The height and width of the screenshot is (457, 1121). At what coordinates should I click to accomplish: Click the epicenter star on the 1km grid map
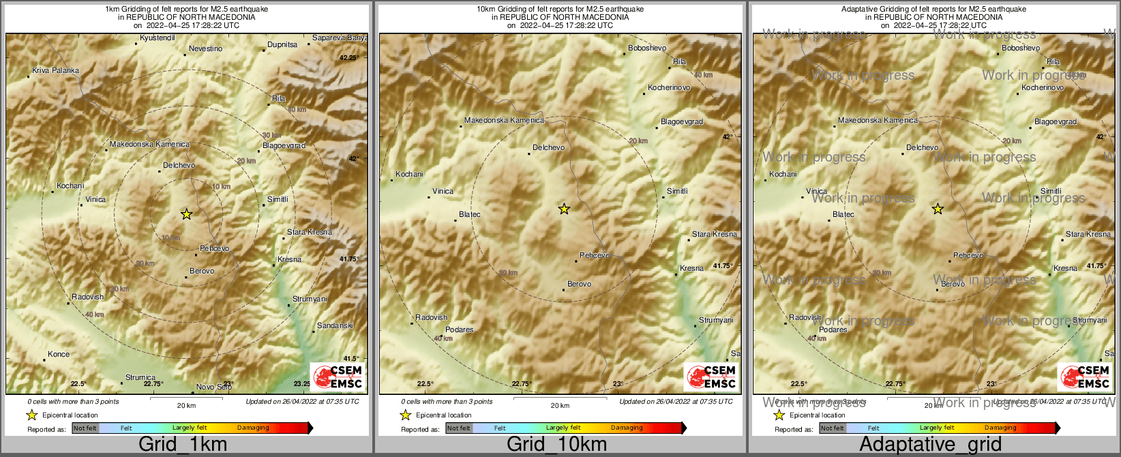click(186, 214)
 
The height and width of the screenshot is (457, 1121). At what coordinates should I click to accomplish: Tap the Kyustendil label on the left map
click(157, 38)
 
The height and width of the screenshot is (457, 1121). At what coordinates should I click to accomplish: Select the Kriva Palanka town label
click(55, 70)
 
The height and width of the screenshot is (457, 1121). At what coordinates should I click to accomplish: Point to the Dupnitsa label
click(282, 44)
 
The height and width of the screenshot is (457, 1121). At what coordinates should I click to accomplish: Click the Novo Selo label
click(213, 387)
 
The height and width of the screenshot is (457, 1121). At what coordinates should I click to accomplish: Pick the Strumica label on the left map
click(140, 377)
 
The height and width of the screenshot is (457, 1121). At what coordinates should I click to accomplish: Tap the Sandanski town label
click(335, 325)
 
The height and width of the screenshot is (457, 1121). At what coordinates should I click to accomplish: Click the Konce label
click(59, 354)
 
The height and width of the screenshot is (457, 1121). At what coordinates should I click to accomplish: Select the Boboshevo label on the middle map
click(647, 48)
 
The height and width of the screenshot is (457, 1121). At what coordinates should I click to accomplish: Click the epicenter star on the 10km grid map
click(564, 209)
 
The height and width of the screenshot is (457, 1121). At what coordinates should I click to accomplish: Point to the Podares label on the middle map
click(459, 329)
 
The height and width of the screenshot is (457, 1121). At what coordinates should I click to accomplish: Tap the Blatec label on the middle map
click(470, 214)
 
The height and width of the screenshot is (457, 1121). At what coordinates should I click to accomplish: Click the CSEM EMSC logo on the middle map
click(711, 377)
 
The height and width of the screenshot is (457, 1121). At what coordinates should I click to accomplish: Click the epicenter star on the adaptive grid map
click(938, 209)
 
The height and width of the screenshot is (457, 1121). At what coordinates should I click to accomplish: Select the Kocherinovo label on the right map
click(1043, 87)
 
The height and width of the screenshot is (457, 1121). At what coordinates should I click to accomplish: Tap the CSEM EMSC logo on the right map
click(1084, 377)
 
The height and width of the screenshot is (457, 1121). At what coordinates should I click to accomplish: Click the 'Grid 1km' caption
click(183, 444)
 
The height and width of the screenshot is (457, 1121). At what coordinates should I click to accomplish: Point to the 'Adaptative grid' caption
click(930, 444)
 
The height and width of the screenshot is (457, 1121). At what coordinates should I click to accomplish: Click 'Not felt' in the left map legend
click(85, 428)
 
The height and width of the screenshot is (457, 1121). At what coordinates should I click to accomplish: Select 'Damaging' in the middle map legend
click(627, 428)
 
